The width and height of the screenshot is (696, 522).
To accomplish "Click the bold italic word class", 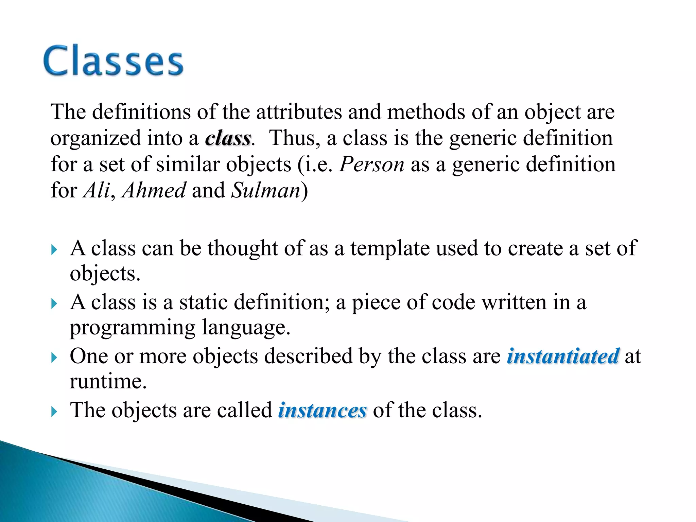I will click(x=228, y=139).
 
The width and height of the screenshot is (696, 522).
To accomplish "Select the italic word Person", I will click(x=372, y=164).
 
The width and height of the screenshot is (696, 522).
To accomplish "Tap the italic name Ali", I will click(x=97, y=190).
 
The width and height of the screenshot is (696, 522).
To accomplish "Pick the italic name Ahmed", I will click(x=154, y=190).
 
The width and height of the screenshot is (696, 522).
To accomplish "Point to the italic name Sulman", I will click(x=266, y=190).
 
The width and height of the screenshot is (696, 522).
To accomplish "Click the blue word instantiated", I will click(x=563, y=356).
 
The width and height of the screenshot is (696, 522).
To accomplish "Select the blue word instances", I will click(x=322, y=410).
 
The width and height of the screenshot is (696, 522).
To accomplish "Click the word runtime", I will click(x=108, y=382).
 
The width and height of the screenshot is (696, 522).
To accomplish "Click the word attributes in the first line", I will click(x=299, y=112).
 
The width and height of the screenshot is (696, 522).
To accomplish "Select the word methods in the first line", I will click(x=426, y=112).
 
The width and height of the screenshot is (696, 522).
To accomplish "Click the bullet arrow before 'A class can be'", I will click(x=54, y=250).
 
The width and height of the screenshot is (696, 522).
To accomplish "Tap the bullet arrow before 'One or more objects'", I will click(x=54, y=358).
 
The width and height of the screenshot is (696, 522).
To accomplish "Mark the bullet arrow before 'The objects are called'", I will click(x=54, y=412).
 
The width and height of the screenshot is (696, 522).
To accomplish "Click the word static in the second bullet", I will click(x=203, y=302).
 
